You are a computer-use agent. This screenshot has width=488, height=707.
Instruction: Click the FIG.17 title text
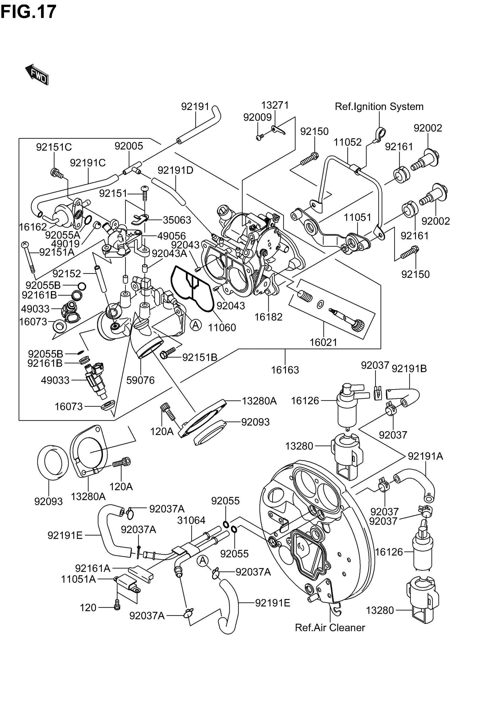point(28,11)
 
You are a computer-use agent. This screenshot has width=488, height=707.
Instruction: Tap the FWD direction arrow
point(37,74)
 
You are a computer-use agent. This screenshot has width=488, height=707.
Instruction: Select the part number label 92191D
point(175,170)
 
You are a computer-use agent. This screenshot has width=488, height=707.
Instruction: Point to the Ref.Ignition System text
point(379,107)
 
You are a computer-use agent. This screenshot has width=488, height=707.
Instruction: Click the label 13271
point(275,105)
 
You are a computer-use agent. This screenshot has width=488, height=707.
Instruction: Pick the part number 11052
point(348,142)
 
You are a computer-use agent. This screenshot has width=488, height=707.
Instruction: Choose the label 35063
point(177,220)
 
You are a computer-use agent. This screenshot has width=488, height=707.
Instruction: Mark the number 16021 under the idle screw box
point(324,342)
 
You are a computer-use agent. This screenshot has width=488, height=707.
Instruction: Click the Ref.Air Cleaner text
point(330,627)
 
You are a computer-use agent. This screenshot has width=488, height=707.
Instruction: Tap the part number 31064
point(191,520)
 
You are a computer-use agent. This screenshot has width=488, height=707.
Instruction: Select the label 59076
point(141,380)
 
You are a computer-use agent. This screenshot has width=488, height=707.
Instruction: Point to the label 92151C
point(54,147)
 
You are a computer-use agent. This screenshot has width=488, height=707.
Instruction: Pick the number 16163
point(285,370)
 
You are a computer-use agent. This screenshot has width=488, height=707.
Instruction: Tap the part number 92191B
point(409,369)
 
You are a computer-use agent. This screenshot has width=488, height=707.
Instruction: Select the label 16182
point(268,317)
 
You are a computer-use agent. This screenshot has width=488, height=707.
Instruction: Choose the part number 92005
point(129,146)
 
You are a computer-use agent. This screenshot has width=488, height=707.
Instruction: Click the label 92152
point(67,273)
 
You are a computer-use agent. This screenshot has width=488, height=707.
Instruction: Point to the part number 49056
point(172,236)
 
